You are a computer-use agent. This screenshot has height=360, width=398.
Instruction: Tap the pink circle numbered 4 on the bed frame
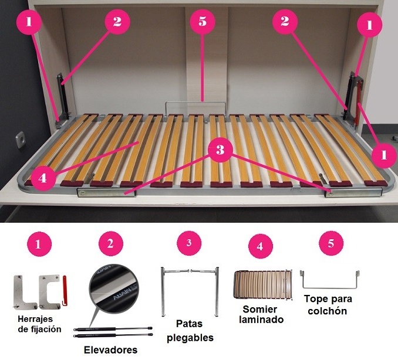click(x=42, y=178)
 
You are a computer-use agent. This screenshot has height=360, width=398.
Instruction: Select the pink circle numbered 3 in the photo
click(x=220, y=150)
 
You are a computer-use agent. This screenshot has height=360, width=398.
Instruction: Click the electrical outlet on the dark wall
click(x=20, y=140)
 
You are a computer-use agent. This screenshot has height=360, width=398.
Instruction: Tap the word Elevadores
click(x=111, y=350)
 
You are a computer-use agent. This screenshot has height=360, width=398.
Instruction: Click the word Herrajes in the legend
click(x=35, y=319)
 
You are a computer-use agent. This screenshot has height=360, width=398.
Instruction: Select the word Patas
click(x=190, y=324)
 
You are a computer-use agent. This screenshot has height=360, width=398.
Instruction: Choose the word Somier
click(x=259, y=310)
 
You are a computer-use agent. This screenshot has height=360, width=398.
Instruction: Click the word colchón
click(x=328, y=311)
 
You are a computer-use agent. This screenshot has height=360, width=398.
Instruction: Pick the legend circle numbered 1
click(x=39, y=244)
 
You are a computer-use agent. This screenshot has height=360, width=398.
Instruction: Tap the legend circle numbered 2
click(x=111, y=244)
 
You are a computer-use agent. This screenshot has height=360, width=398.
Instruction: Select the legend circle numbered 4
click(x=261, y=246)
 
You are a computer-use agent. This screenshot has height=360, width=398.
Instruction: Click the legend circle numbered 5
click(x=331, y=243)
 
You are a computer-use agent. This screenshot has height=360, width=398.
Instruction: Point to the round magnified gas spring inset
click(x=114, y=288)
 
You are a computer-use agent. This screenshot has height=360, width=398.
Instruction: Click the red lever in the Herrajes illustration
click(x=64, y=291)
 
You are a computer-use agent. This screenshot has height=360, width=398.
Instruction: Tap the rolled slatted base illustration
click(x=262, y=284)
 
